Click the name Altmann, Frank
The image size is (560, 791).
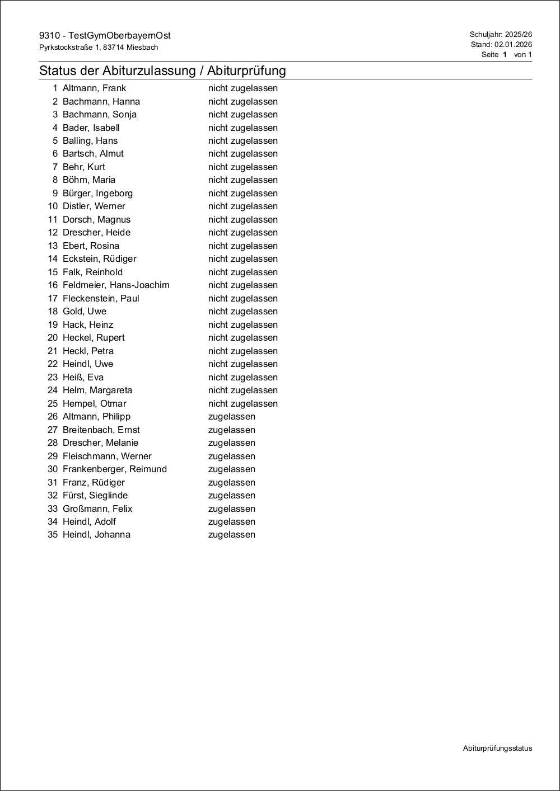click(x=94, y=88)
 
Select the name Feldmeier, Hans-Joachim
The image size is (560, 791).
click(x=116, y=285)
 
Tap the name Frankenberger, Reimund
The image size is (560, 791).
click(x=115, y=469)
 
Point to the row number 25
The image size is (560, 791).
click(x=53, y=404)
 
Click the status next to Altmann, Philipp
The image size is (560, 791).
click(x=231, y=417)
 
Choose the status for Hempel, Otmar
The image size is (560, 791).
click(x=242, y=404)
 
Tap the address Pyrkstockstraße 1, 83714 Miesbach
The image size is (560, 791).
click(x=99, y=48)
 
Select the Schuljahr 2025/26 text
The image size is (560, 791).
click(x=501, y=35)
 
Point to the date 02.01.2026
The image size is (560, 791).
click(x=513, y=45)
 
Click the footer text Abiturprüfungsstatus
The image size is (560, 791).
click(x=497, y=748)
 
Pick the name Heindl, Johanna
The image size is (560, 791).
click(x=96, y=535)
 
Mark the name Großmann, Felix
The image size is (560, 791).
click(x=97, y=509)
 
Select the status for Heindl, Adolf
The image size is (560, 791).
click(x=231, y=522)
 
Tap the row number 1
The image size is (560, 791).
click(x=55, y=88)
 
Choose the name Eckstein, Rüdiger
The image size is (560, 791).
click(x=99, y=259)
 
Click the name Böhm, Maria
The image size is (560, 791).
click(x=89, y=180)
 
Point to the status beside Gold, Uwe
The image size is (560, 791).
click(x=242, y=312)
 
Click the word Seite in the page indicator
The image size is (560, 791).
click(x=490, y=55)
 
